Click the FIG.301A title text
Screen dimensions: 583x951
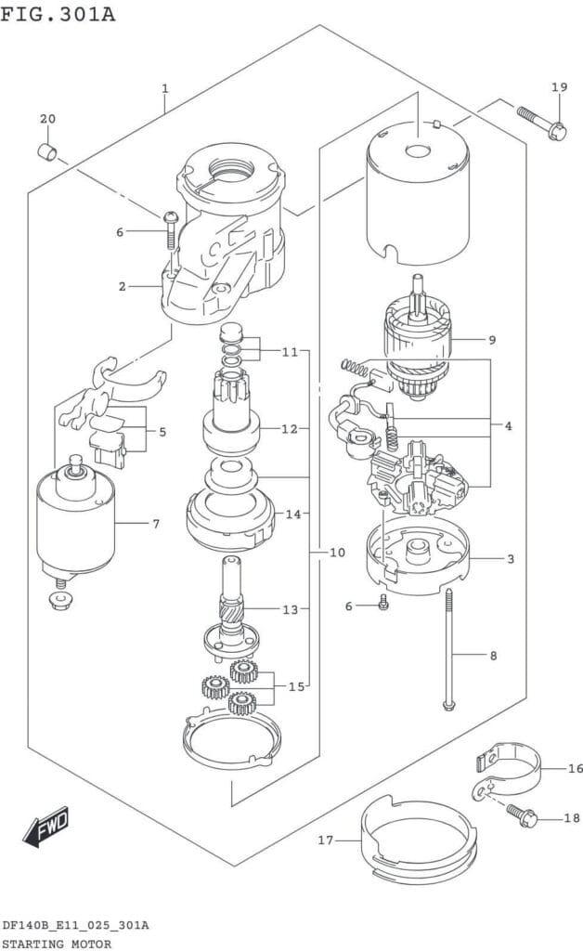pyautogui.click(x=58, y=13)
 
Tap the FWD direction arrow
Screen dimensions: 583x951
pyautogui.click(x=46, y=826)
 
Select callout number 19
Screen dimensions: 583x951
pyautogui.click(x=560, y=87)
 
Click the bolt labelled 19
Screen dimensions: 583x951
pyautogui.click(x=541, y=122)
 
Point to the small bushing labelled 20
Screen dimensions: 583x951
pyautogui.click(x=47, y=151)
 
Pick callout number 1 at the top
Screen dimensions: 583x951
pyautogui.click(x=165, y=89)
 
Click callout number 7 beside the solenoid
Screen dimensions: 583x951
pyautogui.click(x=156, y=524)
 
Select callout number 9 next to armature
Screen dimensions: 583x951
pyautogui.click(x=492, y=340)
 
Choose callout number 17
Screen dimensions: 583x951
pyautogui.click(x=326, y=840)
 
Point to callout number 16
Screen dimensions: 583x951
pyautogui.click(x=576, y=768)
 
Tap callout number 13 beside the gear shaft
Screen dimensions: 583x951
pyautogui.click(x=291, y=609)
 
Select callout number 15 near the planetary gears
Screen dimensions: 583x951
pyautogui.click(x=296, y=686)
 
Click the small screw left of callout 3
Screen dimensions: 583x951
pyautogui.click(x=383, y=603)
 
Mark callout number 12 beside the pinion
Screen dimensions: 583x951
pyautogui.click(x=290, y=429)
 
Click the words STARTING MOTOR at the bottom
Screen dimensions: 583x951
pyautogui.click(x=57, y=944)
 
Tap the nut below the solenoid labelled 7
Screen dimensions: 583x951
pyautogui.click(x=59, y=601)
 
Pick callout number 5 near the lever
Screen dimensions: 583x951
pyautogui.click(x=162, y=432)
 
